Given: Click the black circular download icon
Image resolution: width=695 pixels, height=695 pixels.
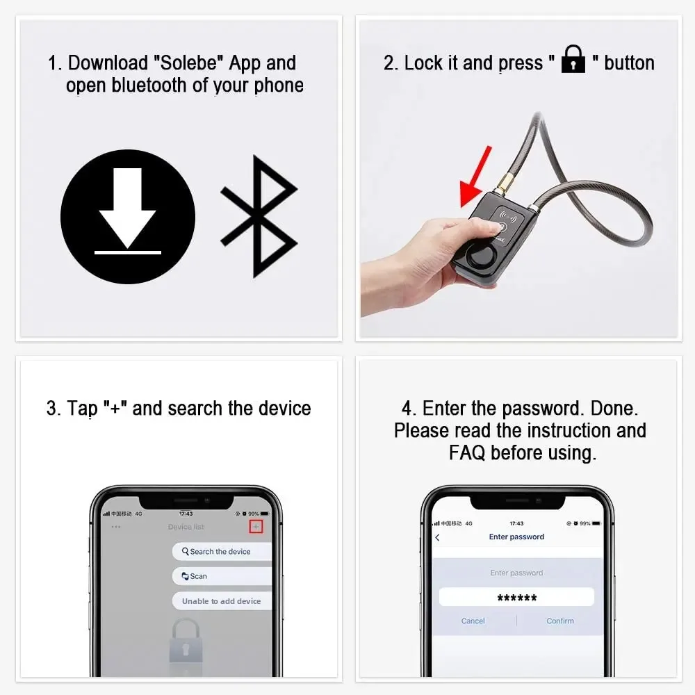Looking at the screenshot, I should [128, 217].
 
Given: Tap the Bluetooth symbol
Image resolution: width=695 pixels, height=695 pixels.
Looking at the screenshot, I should [259, 217].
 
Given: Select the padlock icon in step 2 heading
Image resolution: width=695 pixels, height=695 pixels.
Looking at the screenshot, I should [573, 60].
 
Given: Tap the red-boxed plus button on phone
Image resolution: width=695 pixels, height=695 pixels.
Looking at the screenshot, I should [256, 527].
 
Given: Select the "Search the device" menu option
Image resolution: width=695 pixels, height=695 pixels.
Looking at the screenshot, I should [221, 551].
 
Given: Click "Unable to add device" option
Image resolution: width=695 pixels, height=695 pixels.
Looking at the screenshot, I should [221, 601].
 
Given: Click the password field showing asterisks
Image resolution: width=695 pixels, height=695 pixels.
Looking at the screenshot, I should [516, 598].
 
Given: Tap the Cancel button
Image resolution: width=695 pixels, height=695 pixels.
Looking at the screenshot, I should [473, 621].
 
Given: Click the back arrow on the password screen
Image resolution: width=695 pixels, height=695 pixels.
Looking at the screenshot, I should [437, 537].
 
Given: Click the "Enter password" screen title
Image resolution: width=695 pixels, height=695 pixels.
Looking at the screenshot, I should [516, 537].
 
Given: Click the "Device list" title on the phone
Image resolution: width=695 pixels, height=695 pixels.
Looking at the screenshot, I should [186, 527].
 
